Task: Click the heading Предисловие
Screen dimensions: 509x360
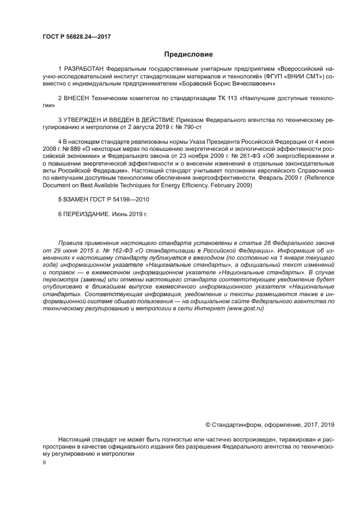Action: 188,54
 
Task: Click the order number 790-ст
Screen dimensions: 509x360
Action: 191,126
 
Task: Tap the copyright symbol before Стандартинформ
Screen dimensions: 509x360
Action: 208,425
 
